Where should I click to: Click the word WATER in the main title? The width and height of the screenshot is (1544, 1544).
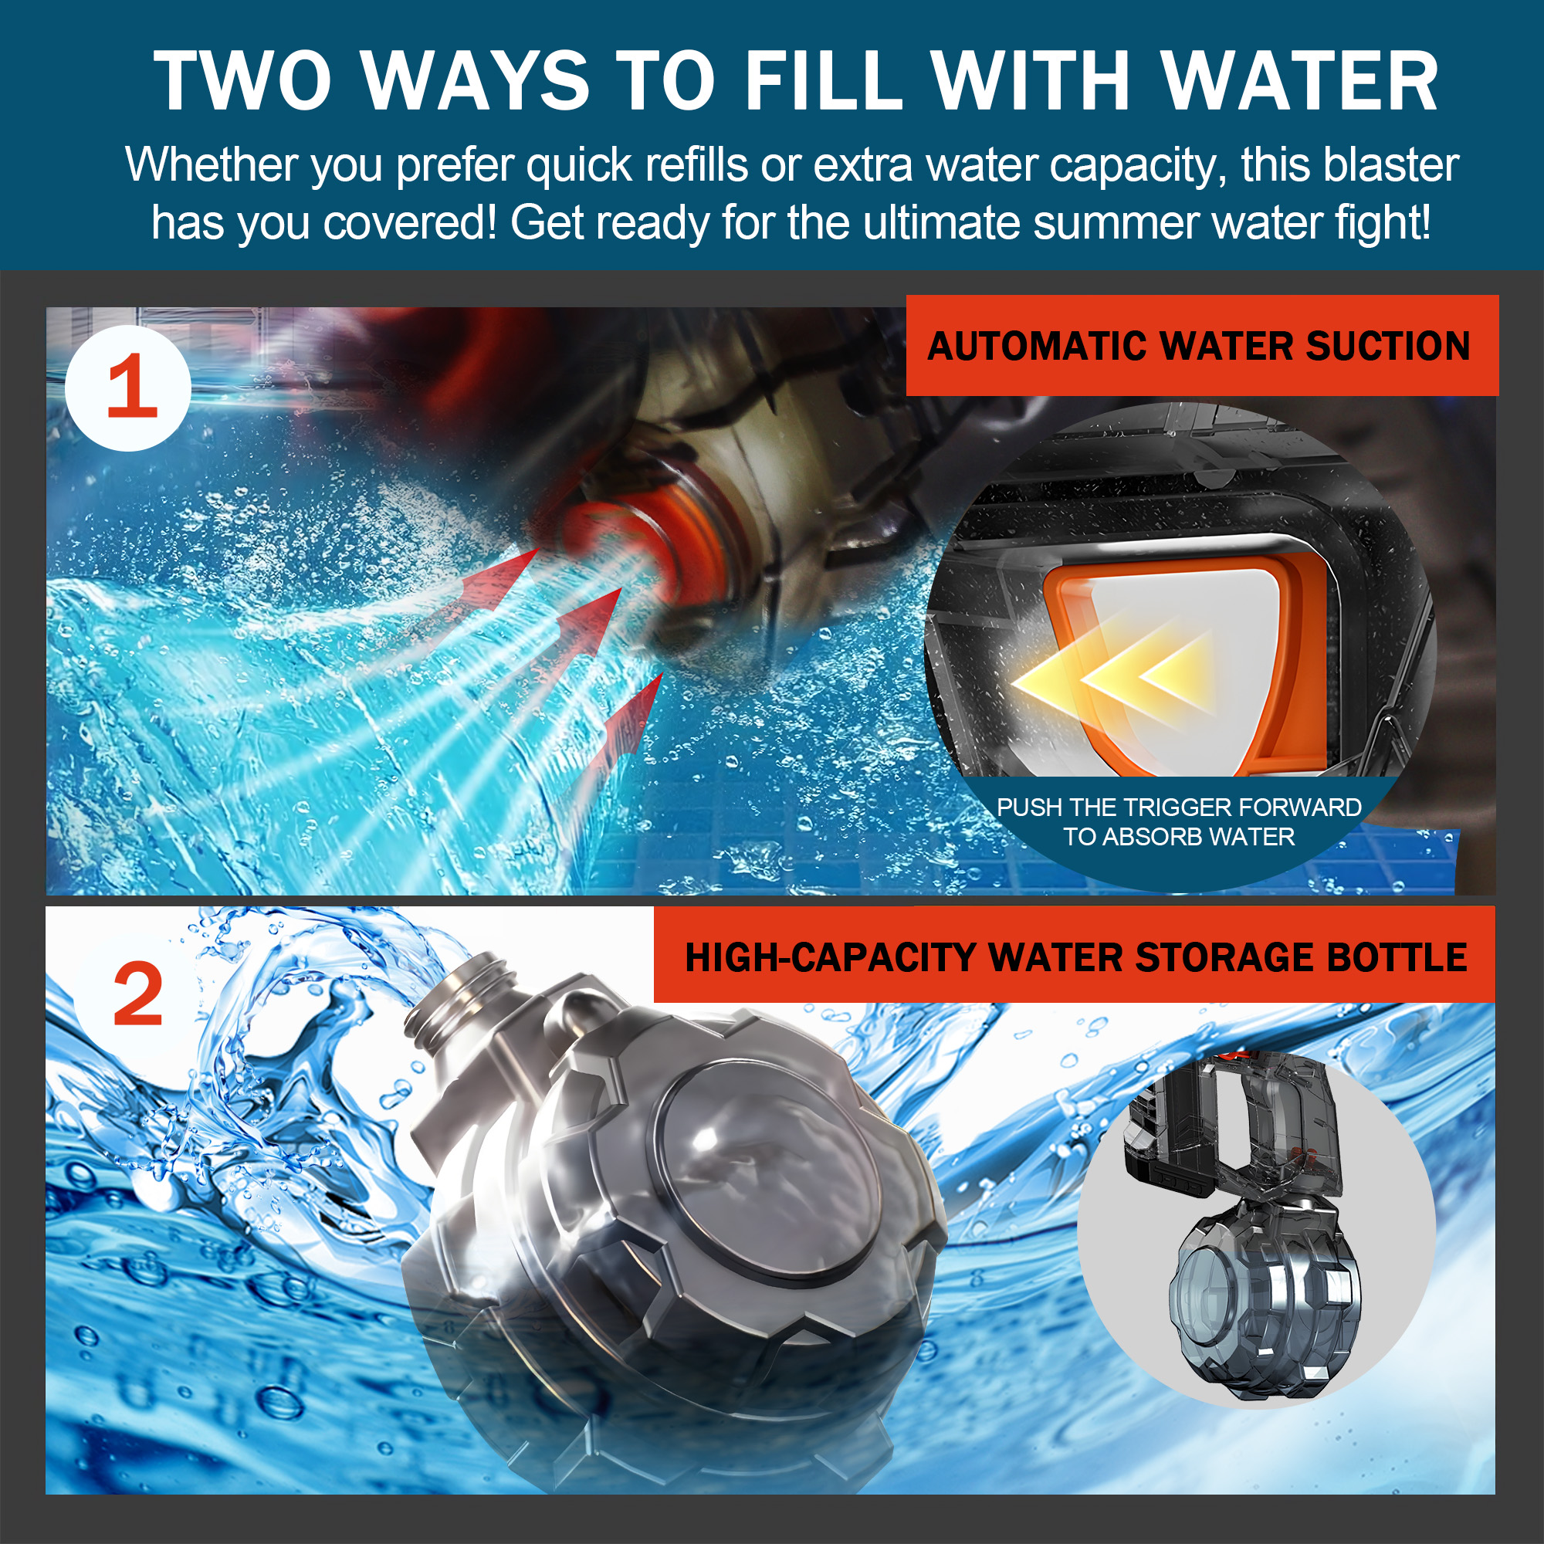[1299, 82]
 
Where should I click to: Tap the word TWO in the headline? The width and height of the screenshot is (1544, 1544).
[242, 82]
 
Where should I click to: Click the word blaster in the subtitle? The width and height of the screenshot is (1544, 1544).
[1390, 165]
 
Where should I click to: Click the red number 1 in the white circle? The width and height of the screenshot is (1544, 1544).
[130, 388]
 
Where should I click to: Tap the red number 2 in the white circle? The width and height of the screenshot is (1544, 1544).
[137, 996]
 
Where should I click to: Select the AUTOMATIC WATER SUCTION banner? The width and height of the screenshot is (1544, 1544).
[1202, 345]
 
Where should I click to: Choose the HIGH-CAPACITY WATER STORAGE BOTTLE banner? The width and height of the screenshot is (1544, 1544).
[1074, 957]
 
